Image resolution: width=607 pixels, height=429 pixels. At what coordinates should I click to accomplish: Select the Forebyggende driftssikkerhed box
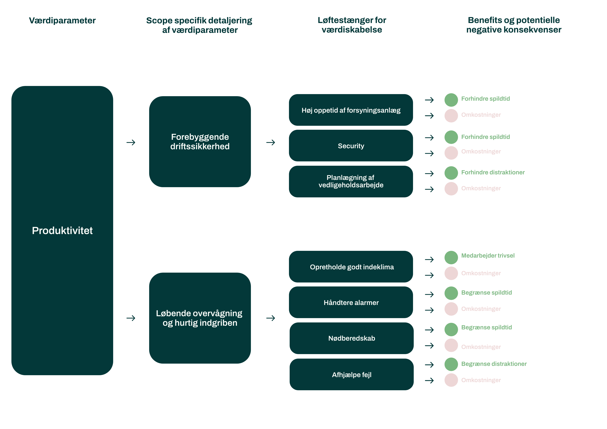200,142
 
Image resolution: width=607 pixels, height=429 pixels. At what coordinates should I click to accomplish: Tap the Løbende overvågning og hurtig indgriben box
200,318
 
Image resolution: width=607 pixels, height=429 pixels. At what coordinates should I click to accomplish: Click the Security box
351,146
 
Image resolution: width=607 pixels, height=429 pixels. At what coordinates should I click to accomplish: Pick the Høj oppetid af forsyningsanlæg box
351,110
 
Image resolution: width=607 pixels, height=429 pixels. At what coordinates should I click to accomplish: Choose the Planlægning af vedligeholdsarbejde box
351,181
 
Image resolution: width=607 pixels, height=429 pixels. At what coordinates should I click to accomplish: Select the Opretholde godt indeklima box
351,267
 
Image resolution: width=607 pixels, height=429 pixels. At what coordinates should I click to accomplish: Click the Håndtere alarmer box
351,302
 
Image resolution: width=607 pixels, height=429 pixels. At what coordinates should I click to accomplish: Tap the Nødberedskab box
351,338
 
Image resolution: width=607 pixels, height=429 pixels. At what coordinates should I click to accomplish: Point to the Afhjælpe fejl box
351,375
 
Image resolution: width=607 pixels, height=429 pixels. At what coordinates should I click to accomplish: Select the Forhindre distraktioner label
493,172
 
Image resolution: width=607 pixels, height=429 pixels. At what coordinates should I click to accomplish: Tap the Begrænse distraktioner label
494,364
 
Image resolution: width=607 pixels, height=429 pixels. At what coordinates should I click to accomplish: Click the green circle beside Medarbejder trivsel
451,257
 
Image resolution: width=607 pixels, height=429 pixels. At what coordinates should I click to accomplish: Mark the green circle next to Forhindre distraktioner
451,173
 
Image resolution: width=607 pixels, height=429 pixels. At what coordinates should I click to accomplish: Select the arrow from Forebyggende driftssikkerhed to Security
270,143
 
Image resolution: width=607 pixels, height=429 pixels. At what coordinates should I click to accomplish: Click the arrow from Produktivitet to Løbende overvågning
131,318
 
